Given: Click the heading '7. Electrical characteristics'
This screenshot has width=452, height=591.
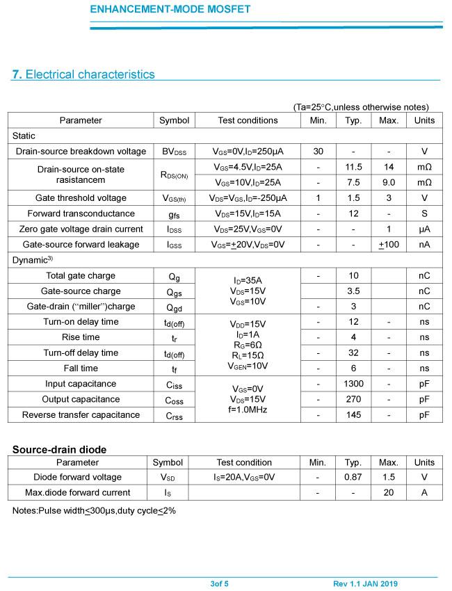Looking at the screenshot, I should (x=83, y=74).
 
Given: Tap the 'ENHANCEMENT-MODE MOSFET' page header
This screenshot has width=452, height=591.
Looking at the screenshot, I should (x=170, y=10).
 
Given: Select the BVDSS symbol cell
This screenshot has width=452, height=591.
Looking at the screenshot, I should (x=174, y=152).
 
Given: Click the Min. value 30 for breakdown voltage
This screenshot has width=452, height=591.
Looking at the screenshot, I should (x=318, y=152).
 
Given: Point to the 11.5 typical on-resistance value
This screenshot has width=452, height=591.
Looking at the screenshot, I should (x=353, y=167).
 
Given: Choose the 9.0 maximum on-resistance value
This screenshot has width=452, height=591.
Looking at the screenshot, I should (x=389, y=182).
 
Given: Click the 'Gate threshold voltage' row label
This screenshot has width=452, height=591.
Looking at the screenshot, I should (x=81, y=198).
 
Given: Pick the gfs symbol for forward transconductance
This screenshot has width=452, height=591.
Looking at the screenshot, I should (x=174, y=213).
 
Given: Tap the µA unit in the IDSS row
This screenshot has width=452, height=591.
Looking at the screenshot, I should (x=424, y=229).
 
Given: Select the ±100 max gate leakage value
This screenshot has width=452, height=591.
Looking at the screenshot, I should (x=389, y=245).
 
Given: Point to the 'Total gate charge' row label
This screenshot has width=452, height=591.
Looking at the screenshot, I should (x=81, y=276).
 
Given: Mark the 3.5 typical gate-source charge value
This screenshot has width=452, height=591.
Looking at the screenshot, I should (x=353, y=291).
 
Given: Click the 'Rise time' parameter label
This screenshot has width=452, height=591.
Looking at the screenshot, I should (x=81, y=337).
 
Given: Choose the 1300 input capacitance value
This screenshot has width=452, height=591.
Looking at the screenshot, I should (x=353, y=384).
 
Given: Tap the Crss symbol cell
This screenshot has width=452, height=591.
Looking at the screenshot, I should (x=174, y=415).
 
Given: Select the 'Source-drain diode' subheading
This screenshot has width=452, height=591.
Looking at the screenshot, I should (x=59, y=450).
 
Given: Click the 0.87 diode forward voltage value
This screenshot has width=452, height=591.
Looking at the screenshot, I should (x=353, y=477).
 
